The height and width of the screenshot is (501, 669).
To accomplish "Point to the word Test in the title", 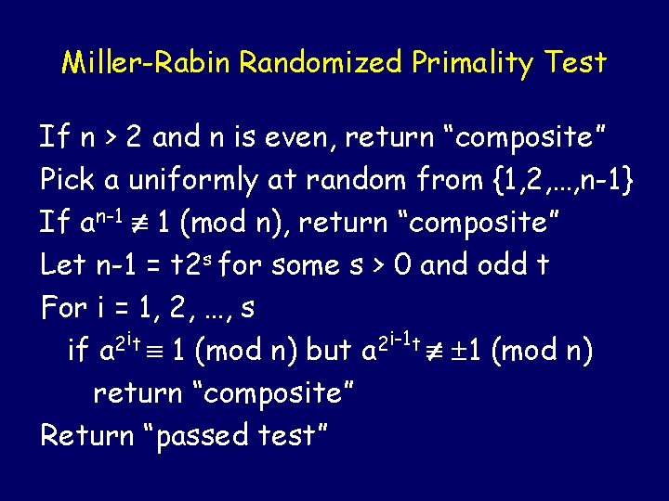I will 575,63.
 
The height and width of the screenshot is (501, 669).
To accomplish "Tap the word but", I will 329,351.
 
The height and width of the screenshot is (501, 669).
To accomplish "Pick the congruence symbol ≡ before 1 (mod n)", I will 163,352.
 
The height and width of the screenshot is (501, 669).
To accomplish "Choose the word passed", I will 203,436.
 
